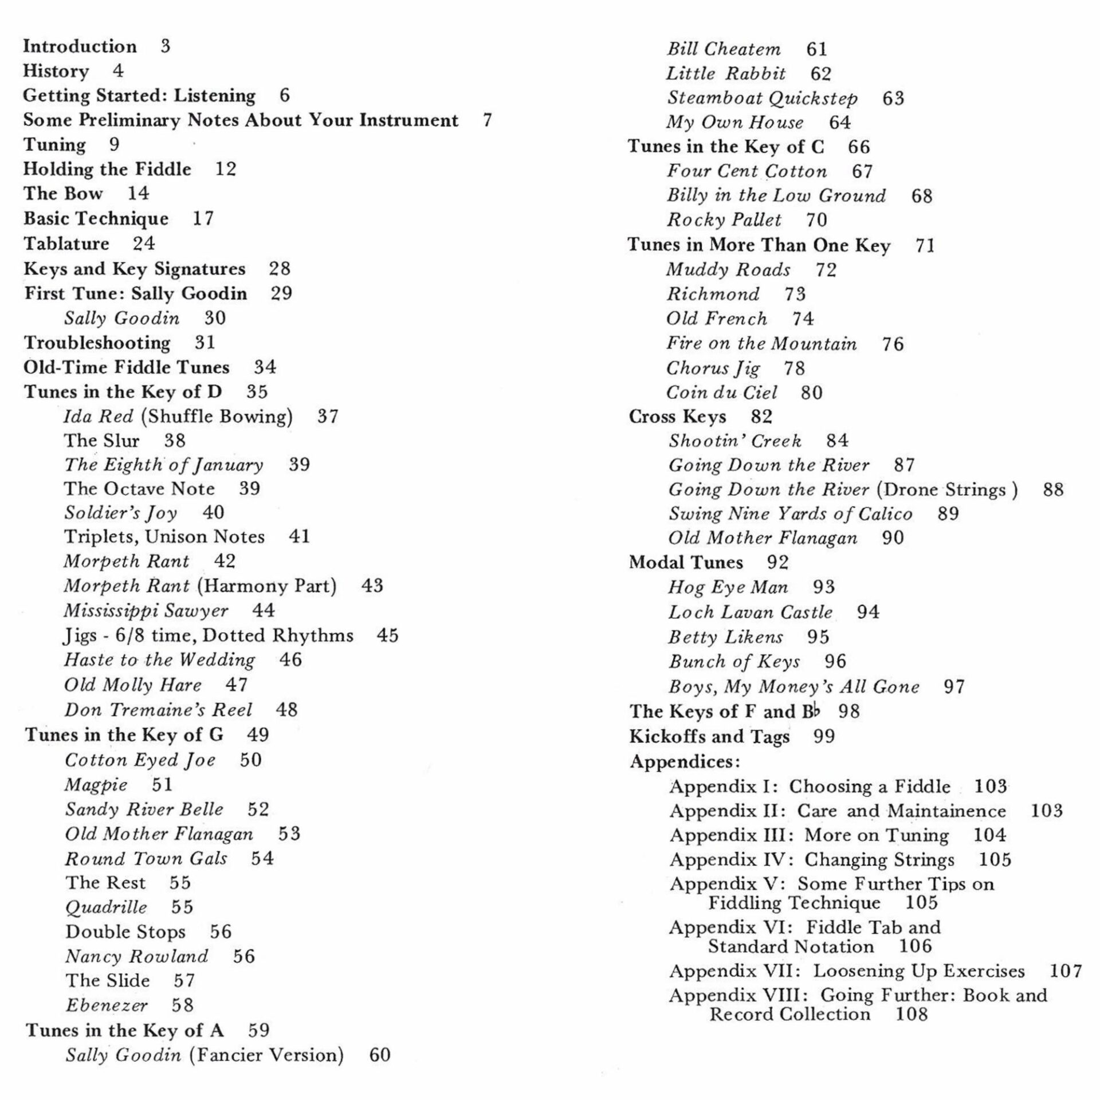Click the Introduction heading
tap(80, 46)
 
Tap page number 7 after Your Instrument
tap(487, 120)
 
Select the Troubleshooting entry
tap(97, 343)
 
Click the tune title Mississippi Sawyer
tap(146, 611)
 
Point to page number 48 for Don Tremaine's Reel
tap(286, 710)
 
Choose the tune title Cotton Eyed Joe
tap(140, 760)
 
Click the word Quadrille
tap(106, 907)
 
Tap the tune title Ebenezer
tap(107, 1005)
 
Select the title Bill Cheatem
tap(724, 49)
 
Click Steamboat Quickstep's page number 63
tap(893, 99)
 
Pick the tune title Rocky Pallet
tap(724, 220)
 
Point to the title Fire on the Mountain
tap(761, 344)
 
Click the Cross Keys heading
tap(677, 417)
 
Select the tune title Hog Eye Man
tap(728, 587)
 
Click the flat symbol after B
tap(816, 710)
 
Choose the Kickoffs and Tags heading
tap(709, 737)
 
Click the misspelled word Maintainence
tap(947, 811)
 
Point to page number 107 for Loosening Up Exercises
tap(1066, 971)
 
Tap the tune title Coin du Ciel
tap(721, 393)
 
